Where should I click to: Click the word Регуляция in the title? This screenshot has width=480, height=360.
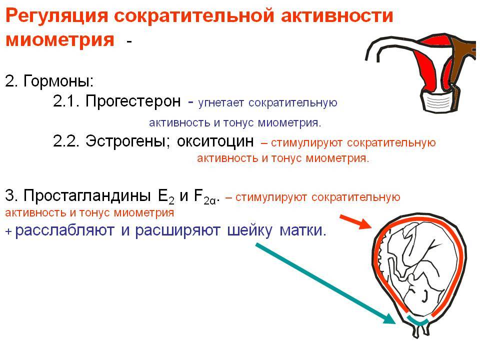[56, 16]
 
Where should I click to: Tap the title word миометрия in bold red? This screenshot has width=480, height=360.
[60, 39]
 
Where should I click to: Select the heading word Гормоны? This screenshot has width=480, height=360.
[58, 81]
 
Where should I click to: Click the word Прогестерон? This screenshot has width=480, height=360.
[133, 100]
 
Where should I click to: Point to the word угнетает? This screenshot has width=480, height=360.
[221, 103]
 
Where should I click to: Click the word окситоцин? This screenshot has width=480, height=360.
[215, 141]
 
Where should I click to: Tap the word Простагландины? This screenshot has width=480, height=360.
[87, 195]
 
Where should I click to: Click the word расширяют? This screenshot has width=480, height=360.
[178, 230]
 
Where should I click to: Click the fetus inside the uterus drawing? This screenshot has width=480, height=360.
[416, 269]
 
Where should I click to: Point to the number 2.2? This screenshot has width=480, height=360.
[66, 141]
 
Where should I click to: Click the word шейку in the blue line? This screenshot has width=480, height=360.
[249, 230]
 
